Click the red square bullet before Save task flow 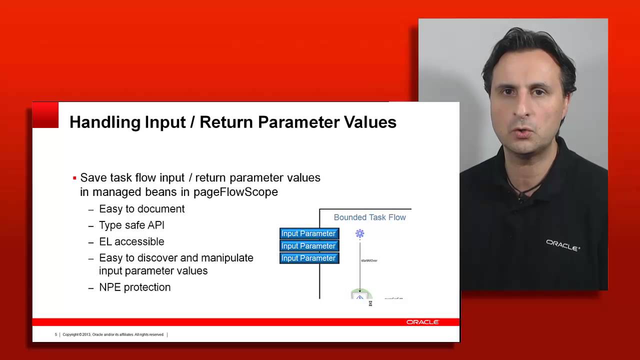74,178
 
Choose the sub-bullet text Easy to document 141,209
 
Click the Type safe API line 131,225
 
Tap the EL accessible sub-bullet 131,241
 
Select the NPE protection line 134,287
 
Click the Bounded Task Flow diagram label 369,217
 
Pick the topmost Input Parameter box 308,233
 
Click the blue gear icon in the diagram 359,233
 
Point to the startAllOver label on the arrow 369,260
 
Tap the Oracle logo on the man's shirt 562,244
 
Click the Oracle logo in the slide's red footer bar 422,322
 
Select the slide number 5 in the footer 56,334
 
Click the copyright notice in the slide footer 113,334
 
